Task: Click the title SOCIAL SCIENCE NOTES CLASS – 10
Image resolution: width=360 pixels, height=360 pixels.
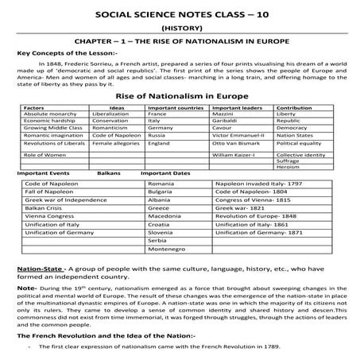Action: (x=180, y=14)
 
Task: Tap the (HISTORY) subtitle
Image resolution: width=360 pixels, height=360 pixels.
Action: (x=180, y=25)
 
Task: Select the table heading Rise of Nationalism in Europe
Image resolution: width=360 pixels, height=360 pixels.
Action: (x=180, y=118)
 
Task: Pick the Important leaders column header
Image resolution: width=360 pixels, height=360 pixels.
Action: (x=236, y=128)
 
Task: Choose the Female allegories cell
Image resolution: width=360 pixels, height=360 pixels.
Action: (x=114, y=166)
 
